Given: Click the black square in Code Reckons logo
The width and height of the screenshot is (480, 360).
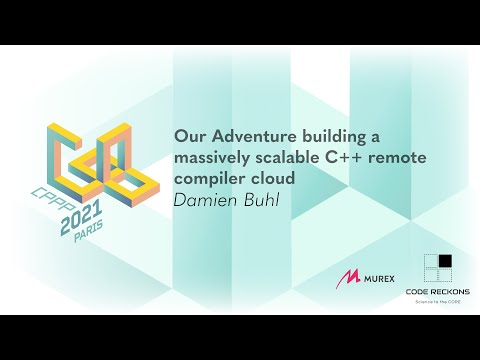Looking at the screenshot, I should tap(444, 262).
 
